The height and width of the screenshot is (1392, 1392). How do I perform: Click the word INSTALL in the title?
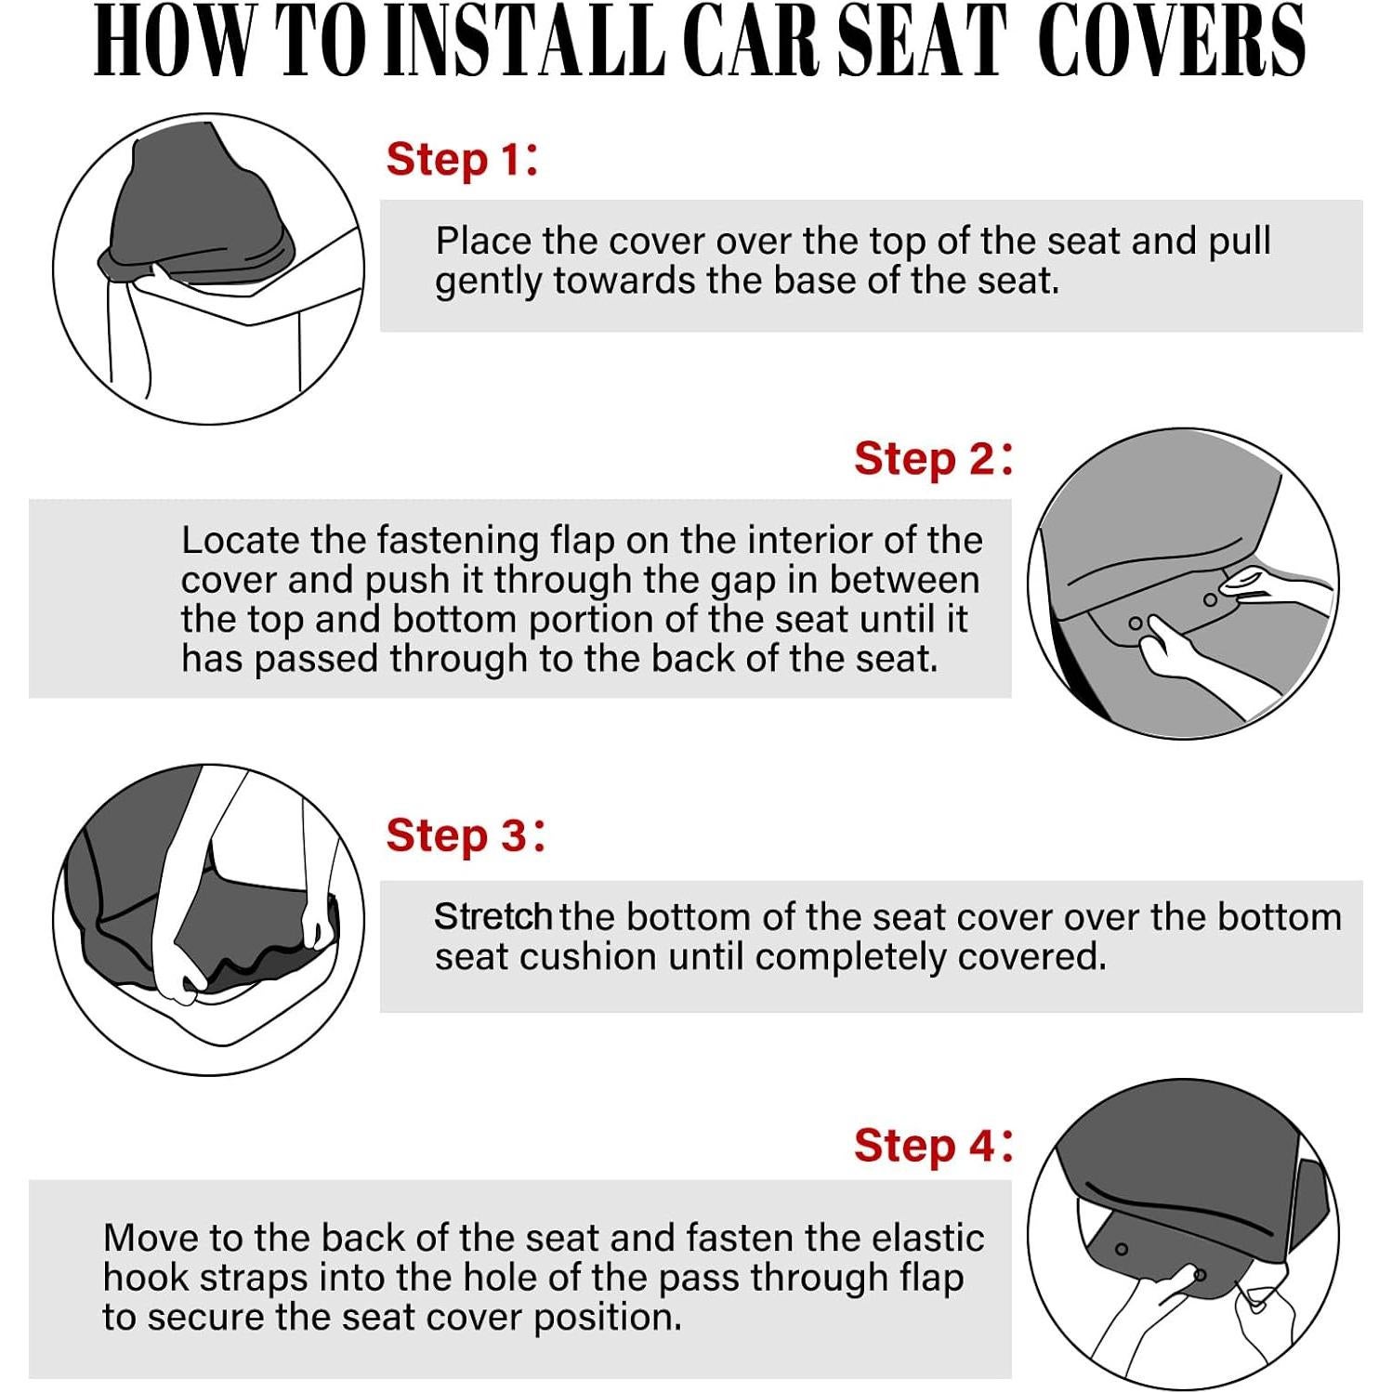coord(525,42)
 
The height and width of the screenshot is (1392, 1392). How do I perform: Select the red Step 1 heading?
coord(461,160)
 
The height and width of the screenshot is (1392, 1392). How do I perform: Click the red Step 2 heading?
coord(932,459)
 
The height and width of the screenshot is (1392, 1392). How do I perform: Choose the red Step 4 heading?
coord(932,1146)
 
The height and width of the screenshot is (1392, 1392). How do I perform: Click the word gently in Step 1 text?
coord(489,282)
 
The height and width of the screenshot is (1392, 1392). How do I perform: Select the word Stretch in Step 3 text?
coord(492,917)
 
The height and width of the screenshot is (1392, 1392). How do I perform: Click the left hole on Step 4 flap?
coord(1122,1249)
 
